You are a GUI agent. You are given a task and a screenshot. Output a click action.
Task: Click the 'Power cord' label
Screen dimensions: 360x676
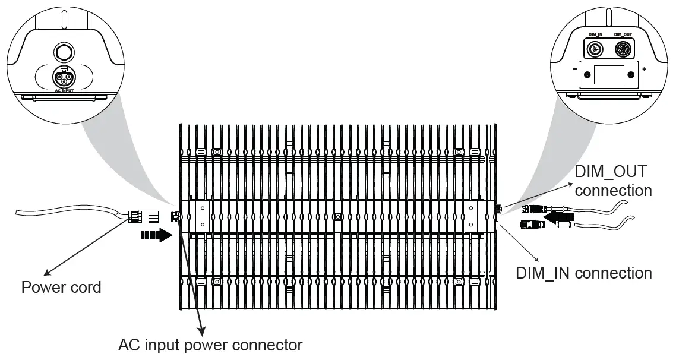pyautogui.click(x=61, y=288)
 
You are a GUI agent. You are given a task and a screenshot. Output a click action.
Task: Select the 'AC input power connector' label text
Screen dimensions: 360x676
pyautogui.click(x=210, y=345)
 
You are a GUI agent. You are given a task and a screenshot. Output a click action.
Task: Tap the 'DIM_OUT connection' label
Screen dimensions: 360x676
pyautogui.click(x=613, y=181)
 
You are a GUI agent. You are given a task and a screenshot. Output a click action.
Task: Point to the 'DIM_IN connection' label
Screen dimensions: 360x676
pyautogui.click(x=584, y=273)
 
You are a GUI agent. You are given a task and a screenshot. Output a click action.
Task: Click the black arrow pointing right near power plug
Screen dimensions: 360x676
pyautogui.click(x=157, y=235)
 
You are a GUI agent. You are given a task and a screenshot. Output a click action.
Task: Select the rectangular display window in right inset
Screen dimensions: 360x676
pyautogui.click(x=609, y=75)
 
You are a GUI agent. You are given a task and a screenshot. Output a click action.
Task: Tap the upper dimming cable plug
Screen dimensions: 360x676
pyautogui.click(x=532, y=209)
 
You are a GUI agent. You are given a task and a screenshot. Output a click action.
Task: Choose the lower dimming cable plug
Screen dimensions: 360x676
pyautogui.click(x=531, y=225)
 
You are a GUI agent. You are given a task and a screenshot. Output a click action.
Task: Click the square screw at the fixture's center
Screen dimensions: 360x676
pyautogui.click(x=337, y=218)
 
